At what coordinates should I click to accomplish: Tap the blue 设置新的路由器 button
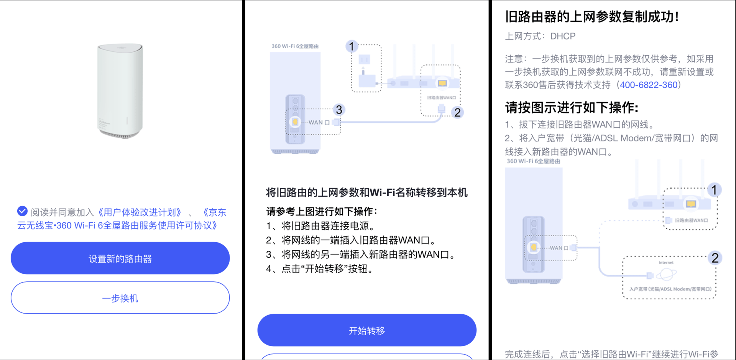point(120,258)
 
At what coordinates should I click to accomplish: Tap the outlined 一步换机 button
point(120,298)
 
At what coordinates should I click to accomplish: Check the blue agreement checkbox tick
point(22,211)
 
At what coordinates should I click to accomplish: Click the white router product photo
point(120,91)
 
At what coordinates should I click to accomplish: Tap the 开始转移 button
point(367,330)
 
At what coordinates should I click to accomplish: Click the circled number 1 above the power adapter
point(352,46)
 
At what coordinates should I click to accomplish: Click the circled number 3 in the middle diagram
point(339,110)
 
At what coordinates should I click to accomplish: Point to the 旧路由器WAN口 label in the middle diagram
point(442,98)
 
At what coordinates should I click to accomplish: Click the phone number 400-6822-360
point(649,85)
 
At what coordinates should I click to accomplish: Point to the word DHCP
point(563,36)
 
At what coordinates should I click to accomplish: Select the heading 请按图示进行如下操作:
point(572,108)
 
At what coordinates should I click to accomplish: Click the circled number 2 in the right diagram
point(715,258)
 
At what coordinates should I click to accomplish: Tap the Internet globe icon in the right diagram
point(666,274)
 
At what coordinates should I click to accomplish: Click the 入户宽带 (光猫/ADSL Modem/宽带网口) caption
point(670,289)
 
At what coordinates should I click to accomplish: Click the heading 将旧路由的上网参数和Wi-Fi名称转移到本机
point(367,192)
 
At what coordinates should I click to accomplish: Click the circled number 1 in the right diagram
point(714,190)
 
